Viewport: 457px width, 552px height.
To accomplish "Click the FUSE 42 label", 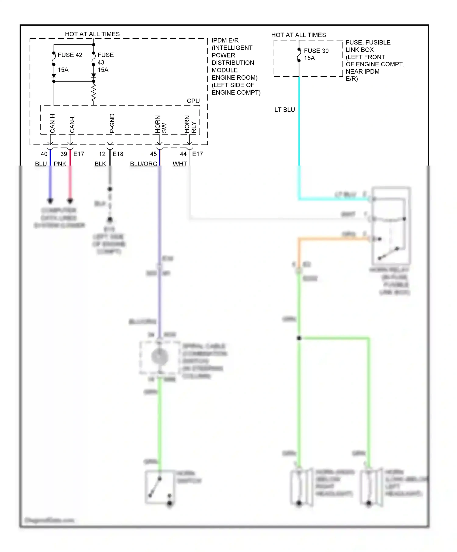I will point(70,55).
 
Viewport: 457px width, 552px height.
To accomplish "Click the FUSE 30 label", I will point(316,51).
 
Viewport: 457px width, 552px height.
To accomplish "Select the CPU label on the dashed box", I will point(193,101).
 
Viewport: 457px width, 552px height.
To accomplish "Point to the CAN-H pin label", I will point(52,123).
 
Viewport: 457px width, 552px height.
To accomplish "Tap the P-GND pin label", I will point(112,123).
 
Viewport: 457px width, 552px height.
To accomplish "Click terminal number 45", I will point(153,154).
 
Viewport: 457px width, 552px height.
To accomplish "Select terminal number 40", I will point(44,154).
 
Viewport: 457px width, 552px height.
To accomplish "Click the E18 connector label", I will point(118,154).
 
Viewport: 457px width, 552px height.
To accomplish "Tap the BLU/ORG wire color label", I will point(143,164).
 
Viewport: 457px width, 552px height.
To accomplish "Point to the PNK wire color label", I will point(60,164).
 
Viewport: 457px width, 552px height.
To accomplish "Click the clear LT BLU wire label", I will point(285,110).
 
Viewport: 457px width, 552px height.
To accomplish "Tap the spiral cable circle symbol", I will point(159,357).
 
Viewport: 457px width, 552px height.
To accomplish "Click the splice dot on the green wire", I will point(299,338).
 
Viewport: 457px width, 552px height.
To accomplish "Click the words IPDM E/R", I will point(225,40).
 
